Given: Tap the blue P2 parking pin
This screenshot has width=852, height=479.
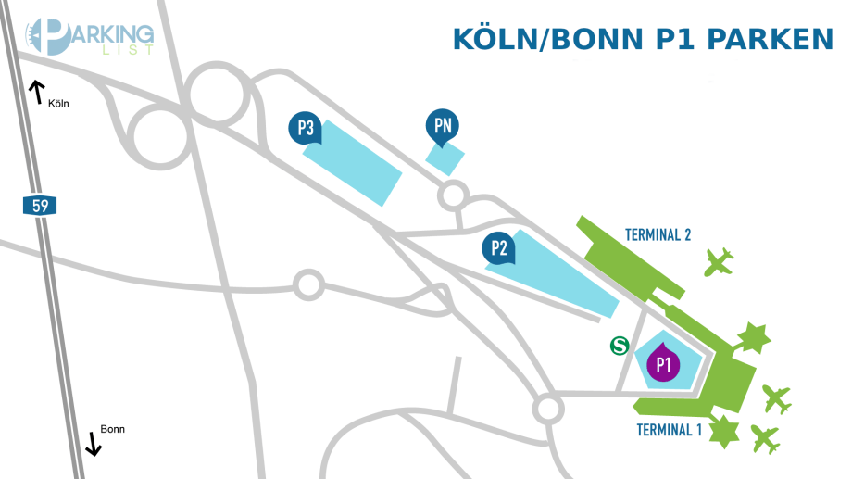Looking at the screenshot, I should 499,248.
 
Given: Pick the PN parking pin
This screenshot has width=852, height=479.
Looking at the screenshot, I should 443,128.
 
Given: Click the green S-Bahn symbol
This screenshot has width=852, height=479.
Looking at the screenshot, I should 620,346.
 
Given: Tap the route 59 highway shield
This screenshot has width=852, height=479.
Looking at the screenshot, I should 40,206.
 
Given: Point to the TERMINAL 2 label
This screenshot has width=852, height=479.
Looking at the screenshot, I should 658,234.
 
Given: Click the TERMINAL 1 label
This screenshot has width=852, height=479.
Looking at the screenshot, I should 670,430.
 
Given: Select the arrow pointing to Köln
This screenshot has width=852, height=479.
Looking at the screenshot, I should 37,91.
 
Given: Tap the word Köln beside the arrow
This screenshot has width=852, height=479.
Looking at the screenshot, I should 58,104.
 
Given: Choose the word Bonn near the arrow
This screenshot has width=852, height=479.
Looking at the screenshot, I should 112,429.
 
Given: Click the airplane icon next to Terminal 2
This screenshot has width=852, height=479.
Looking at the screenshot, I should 718,262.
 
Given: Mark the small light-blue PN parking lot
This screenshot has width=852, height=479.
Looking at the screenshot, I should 445,158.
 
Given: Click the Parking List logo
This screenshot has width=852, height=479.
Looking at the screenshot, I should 89,36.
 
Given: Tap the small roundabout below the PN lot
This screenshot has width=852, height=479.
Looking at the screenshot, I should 452,195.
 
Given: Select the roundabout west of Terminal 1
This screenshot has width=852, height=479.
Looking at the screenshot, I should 547,408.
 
